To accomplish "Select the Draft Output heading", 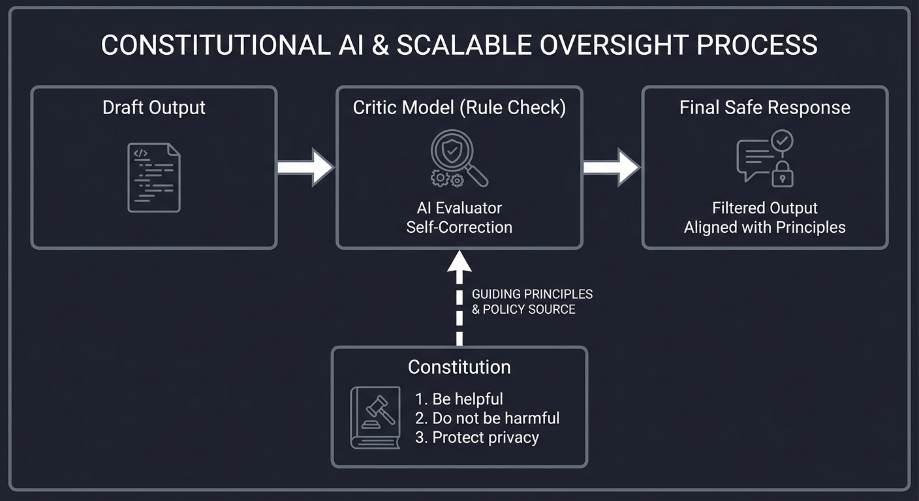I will (x=154, y=108).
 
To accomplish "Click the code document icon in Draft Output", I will (x=154, y=177).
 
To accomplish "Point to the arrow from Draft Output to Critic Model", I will (x=305, y=167).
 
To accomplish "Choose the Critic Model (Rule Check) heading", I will (x=459, y=108).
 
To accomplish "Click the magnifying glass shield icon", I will (x=456, y=154).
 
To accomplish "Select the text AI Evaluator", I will (x=459, y=208).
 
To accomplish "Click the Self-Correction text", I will (x=459, y=227).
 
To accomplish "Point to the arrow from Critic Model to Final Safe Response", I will (x=611, y=167).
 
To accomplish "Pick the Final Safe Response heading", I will (x=764, y=108).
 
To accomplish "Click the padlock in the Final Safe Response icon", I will (x=782, y=174).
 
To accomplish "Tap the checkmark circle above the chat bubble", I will (x=781, y=140).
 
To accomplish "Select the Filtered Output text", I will (x=764, y=208).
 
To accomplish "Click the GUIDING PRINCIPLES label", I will (x=532, y=294).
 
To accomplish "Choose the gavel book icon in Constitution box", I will (x=375, y=417).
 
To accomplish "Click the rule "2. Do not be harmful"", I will (x=487, y=418).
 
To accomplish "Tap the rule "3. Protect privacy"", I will (x=476, y=437).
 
